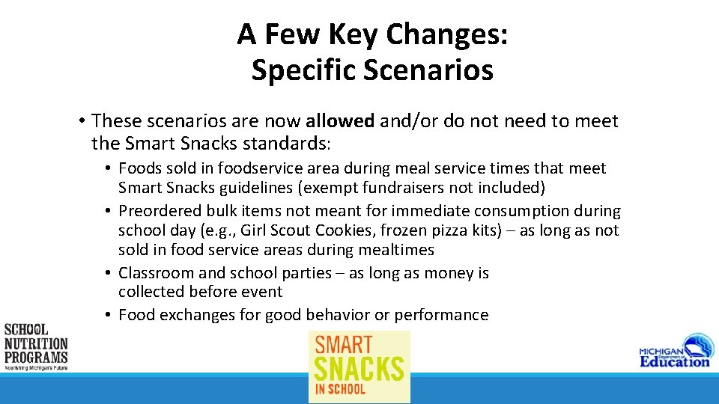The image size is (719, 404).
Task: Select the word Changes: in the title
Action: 447,34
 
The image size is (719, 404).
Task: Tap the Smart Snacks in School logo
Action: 359,367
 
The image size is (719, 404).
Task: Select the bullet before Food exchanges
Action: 109,315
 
